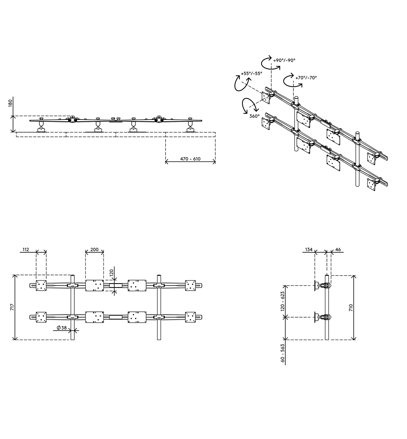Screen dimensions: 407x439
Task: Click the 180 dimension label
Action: pyautogui.click(x=10, y=104)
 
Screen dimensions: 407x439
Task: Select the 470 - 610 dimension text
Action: pyautogui.click(x=190, y=159)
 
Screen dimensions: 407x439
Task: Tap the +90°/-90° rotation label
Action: pyautogui.click(x=284, y=60)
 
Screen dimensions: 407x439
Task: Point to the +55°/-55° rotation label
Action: pyautogui.click(x=252, y=73)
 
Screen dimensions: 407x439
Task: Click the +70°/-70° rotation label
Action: pyautogui.click(x=306, y=78)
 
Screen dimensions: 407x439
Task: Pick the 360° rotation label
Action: pyautogui.click(x=254, y=116)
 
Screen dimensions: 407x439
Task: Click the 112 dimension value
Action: pyautogui.click(x=25, y=249)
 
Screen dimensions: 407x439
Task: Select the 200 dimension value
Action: pyautogui.click(x=94, y=249)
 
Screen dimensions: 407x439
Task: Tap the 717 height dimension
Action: pyautogui.click(x=12, y=307)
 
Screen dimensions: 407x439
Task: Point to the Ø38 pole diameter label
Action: pyautogui.click(x=62, y=328)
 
